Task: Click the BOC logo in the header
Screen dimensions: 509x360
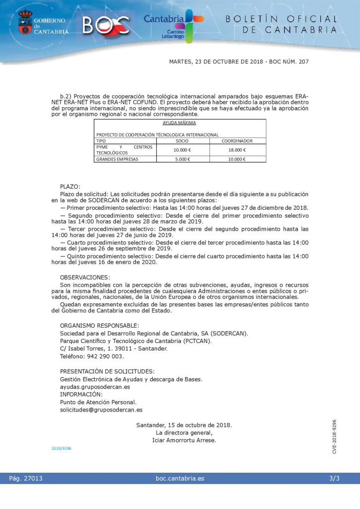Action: tap(106, 24)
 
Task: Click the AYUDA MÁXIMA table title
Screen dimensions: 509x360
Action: tap(180, 122)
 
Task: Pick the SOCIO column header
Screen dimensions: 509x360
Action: tap(182, 141)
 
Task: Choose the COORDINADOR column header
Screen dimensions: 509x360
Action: tap(237, 141)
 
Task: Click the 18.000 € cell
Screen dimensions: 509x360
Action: tap(237, 150)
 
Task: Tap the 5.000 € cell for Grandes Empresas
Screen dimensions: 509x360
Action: tap(182, 159)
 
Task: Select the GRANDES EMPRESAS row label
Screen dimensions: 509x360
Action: tap(117, 159)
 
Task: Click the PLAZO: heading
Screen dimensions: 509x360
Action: tap(70, 186)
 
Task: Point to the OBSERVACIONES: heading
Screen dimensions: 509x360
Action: tap(86, 277)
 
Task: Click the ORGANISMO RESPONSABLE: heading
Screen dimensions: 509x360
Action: tap(99, 326)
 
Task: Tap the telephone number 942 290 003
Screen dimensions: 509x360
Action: tap(102, 356)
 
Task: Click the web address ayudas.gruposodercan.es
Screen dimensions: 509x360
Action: tap(95, 387)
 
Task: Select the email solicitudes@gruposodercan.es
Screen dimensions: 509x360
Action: tap(101, 410)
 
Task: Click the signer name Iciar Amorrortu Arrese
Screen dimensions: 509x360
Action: tap(184, 440)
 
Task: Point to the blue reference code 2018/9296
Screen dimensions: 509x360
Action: tap(61, 448)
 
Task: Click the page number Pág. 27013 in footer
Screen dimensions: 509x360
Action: tap(26, 479)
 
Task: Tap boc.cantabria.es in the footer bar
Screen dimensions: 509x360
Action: tap(180, 479)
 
